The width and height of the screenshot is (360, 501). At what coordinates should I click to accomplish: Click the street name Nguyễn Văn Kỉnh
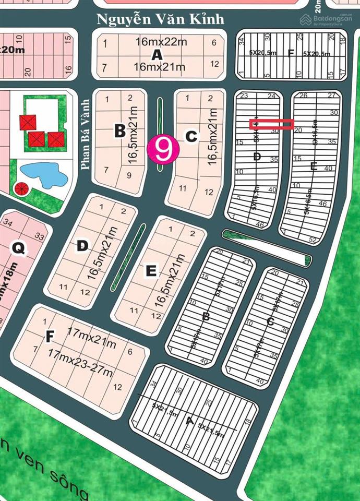[x=161, y=19]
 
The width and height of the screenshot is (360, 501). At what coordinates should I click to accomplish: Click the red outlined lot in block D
[x=271, y=124]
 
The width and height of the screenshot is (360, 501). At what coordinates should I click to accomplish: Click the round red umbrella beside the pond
[x=22, y=189]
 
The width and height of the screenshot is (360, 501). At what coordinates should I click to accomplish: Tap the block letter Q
[x=19, y=249]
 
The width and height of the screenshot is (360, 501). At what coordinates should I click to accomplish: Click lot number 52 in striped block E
[x=327, y=240]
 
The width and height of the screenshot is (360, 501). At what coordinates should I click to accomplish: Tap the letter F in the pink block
[x=50, y=337]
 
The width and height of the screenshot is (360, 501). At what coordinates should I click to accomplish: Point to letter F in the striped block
[x=291, y=52]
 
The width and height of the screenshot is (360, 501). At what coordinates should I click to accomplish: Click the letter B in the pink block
[x=119, y=131]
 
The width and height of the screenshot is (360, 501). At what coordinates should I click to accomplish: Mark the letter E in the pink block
[x=151, y=270]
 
